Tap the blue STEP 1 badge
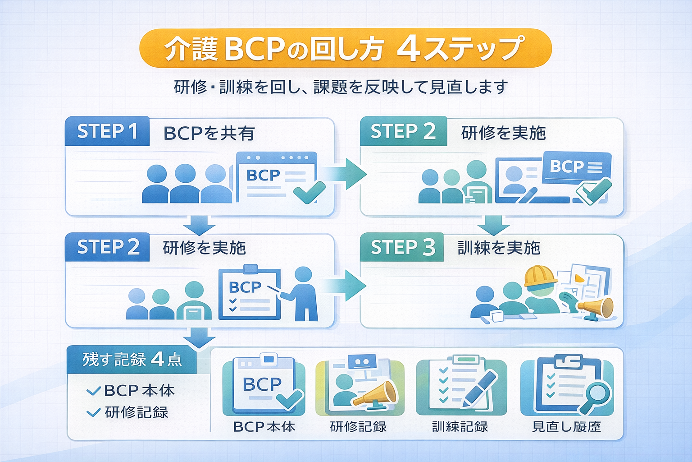coord(107,131)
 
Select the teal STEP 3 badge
coord(402,247)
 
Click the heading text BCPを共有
coord(209,134)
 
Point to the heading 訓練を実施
coord(499,248)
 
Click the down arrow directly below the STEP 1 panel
coord(199,225)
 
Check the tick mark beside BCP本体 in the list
coord(93,391)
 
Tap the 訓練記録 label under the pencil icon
coord(460,426)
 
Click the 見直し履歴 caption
coord(566,426)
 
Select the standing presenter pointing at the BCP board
coord(303,293)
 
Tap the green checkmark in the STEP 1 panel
coord(309,192)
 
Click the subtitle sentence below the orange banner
coord(341,87)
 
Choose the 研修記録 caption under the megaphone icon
coord(358,426)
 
